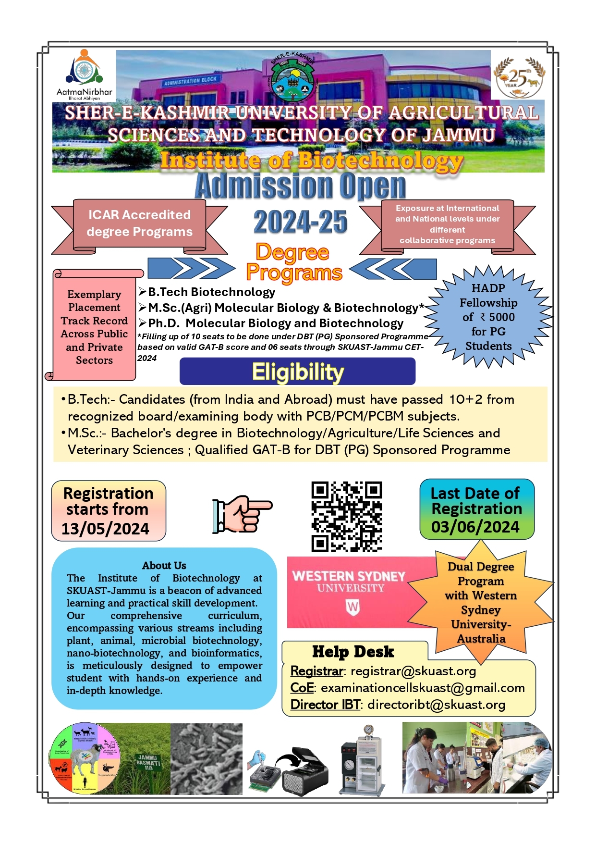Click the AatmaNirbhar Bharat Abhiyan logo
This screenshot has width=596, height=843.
pos(84,74)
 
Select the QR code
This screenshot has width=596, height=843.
pos(346,516)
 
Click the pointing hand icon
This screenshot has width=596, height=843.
pos(242,514)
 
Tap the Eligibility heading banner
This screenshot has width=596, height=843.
pos(297,372)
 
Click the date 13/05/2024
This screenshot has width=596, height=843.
pos(105,529)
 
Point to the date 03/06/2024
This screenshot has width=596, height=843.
pos(475,527)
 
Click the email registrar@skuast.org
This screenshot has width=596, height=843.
pos(413,671)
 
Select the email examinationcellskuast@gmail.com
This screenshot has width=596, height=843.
pos(423,688)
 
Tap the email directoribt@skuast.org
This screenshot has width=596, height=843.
pos(436,705)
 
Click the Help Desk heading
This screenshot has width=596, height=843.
pos(353,652)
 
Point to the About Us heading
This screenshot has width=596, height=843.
pos(164,565)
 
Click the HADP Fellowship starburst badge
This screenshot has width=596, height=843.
pos(488,317)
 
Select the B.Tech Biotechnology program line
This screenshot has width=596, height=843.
pos(211,292)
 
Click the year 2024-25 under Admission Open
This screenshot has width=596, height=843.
pos(300,222)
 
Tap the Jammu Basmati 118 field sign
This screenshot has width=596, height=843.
pos(147,762)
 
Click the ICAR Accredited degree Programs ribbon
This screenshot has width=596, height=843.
pos(139,223)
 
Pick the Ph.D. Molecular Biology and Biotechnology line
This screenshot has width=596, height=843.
pos(275,323)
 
